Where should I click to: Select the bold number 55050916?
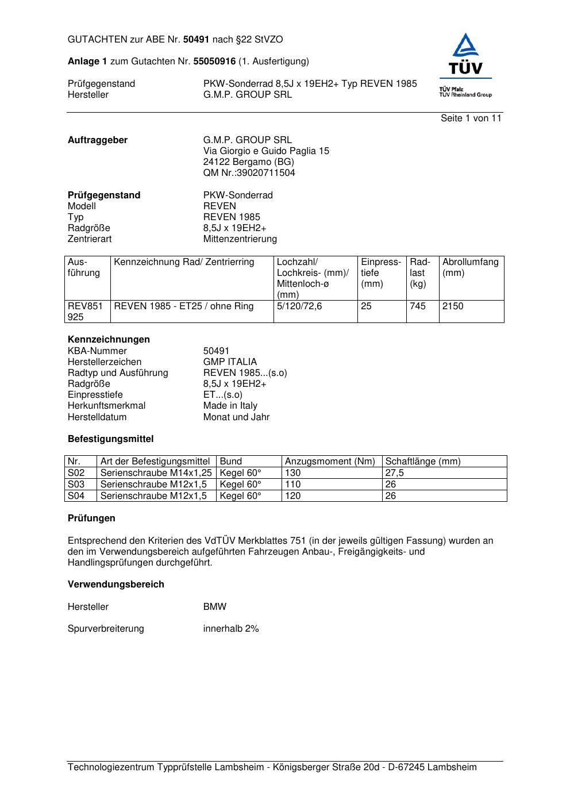click(214, 62)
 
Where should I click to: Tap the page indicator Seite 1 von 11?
click(471, 118)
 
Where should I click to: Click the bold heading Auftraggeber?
click(98, 140)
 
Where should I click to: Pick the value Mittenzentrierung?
click(240, 239)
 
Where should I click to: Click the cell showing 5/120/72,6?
click(299, 306)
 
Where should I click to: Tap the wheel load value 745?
click(418, 306)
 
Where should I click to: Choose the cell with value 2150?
click(453, 306)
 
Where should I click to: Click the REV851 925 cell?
click(85, 312)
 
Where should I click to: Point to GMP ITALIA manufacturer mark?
click(230, 362)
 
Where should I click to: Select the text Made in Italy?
click(230, 406)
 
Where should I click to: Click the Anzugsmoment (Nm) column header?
click(330, 462)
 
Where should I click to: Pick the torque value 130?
click(293, 473)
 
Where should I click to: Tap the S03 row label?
click(76, 485)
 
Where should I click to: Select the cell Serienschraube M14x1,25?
click(156, 473)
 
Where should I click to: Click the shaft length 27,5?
click(395, 473)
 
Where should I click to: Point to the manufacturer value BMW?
click(215, 607)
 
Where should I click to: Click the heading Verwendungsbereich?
click(116, 585)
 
